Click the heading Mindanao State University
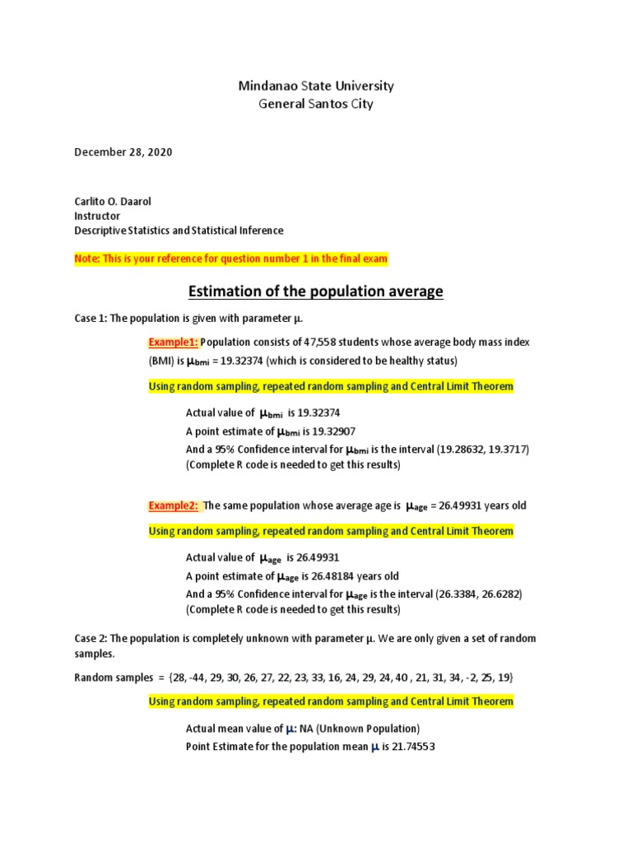316,86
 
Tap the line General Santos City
316,104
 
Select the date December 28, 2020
124,152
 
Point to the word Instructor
97,216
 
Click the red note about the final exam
230,259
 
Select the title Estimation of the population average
316,291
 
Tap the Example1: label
173,342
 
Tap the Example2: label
173,505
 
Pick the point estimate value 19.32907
332,431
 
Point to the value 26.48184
332,575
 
